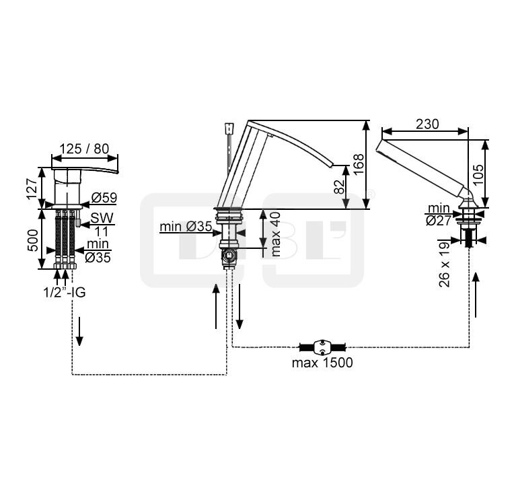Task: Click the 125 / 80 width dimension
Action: [85, 149]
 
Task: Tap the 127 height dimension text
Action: [33, 188]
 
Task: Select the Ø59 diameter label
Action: [104, 198]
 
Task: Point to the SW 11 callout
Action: [102, 225]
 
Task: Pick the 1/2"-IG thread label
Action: [65, 292]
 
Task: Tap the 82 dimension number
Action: [340, 186]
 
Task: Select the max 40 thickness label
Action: [276, 234]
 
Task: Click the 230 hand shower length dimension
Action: [427, 124]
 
